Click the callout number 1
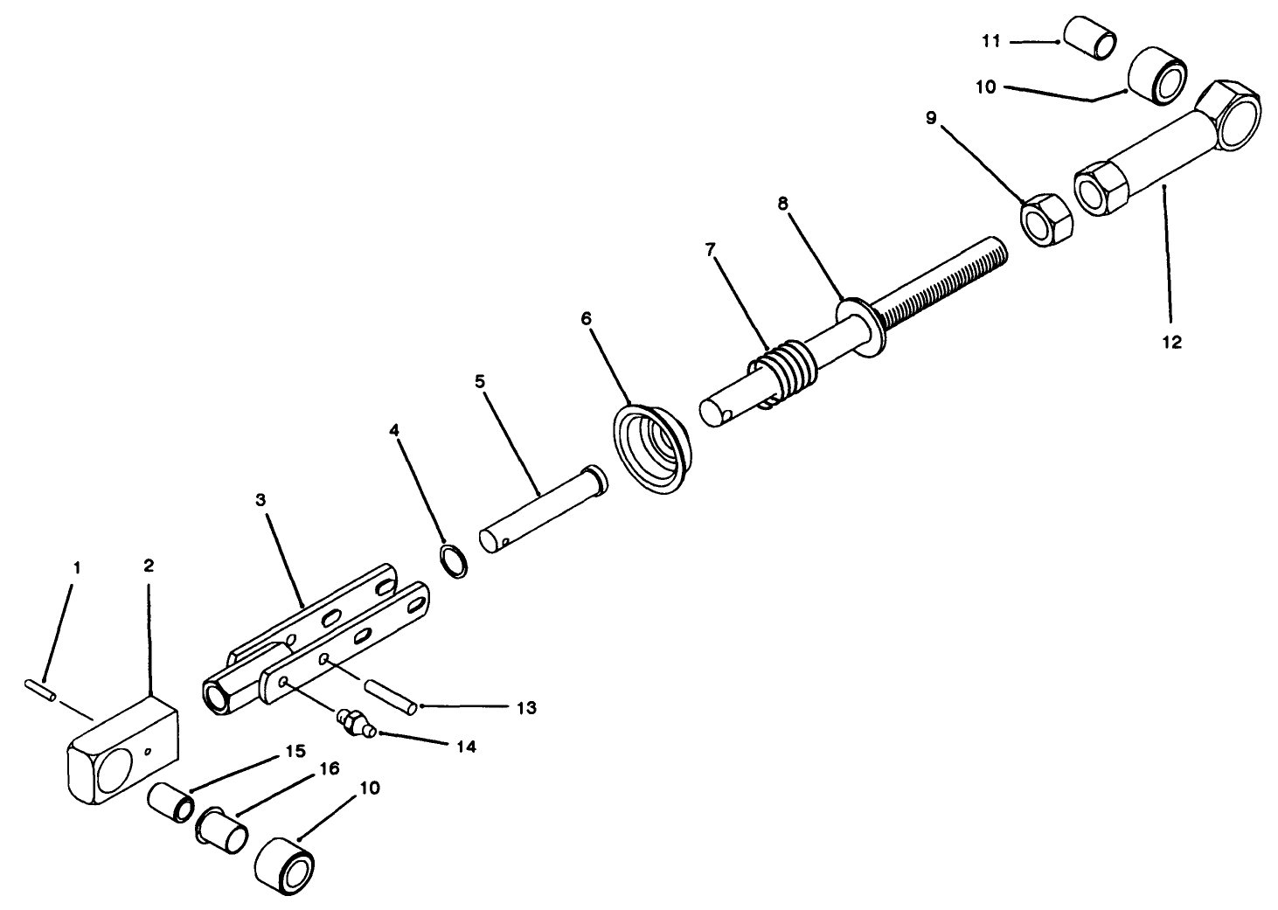coord(76,567)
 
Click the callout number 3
coord(260,500)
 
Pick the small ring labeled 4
coord(452,560)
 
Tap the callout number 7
coord(711,250)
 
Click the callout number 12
coord(1170,343)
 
